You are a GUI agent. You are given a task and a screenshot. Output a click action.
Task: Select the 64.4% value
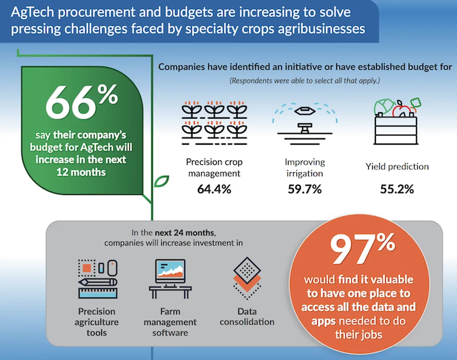214,189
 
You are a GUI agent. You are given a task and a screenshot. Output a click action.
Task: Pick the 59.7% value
305,189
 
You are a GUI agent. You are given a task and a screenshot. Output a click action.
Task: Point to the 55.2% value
397,189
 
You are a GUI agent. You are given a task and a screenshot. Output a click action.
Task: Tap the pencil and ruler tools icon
97,279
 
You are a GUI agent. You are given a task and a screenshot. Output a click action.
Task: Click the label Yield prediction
397,167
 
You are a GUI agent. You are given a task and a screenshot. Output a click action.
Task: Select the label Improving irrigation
305,167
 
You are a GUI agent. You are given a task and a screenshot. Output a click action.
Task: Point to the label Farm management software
170,322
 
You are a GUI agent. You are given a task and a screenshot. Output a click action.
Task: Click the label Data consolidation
247,316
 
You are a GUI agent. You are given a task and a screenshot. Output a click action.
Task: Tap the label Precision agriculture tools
97,322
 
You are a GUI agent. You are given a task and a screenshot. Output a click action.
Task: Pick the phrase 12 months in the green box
81,171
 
